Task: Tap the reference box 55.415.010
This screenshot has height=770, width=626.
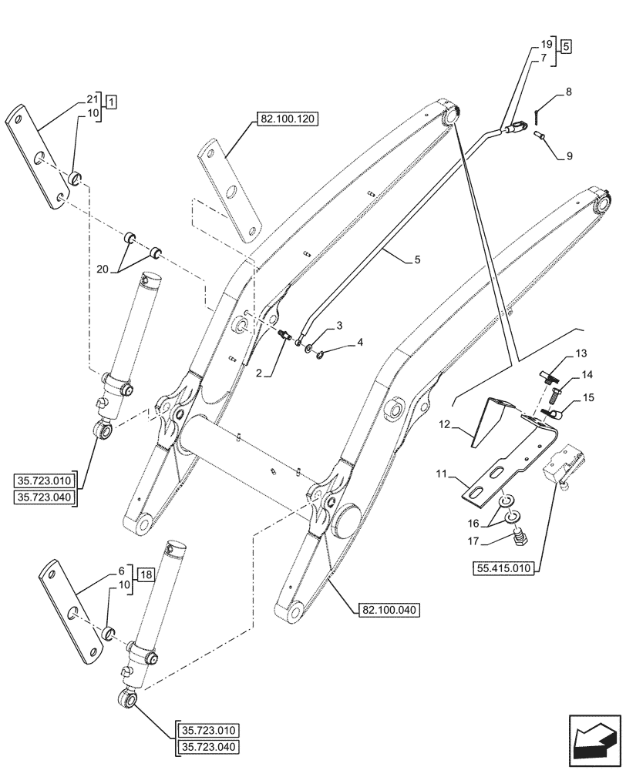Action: click(503, 568)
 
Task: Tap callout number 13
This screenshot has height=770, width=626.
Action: click(581, 355)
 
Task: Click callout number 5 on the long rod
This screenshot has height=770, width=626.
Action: click(417, 260)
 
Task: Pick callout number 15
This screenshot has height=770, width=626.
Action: click(588, 398)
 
